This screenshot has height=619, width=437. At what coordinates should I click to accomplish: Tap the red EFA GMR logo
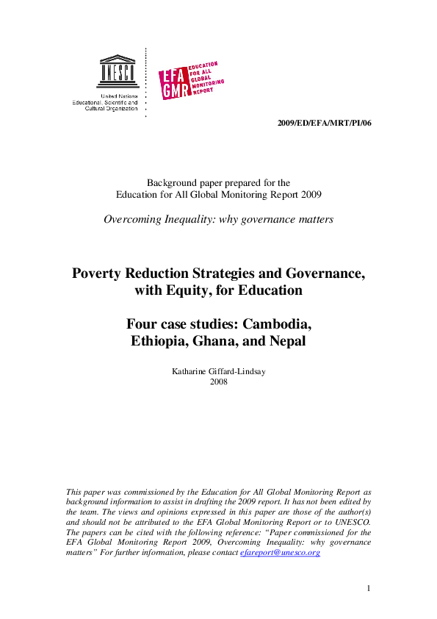(x=192, y=79)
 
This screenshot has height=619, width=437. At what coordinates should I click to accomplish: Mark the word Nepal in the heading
(x=286, y=341)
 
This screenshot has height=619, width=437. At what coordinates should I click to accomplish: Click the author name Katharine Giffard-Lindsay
(x=218, y=371)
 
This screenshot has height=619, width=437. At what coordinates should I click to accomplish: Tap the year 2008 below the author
(x=219, y=382)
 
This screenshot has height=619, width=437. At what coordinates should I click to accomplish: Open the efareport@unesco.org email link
(x=280, y=552)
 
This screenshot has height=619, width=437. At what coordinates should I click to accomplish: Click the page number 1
(x=369, y=587)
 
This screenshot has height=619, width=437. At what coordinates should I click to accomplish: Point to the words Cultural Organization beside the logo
(x=111, y=108)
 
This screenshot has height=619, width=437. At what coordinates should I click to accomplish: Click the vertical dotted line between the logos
(x=145, y=82)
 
